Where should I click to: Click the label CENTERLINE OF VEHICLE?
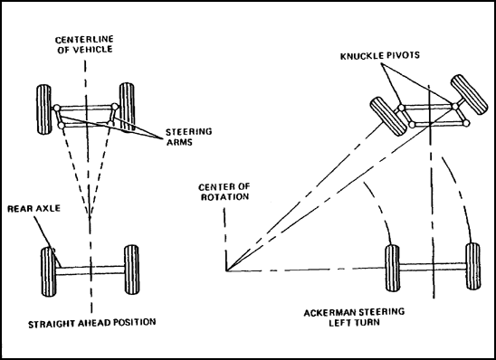coord(84,44)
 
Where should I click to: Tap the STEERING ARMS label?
coord(189,137)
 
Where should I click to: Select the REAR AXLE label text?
coord(33,209)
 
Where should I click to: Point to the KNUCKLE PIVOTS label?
coord(380,56)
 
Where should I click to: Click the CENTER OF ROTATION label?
coord(224,192)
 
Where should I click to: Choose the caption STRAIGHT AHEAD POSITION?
coord(92,323)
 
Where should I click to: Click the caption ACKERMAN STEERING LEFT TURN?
coord(354,317)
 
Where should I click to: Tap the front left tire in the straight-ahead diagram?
coord(44,109)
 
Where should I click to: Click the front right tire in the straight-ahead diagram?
coord(127,108)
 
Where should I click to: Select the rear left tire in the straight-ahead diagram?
coord(48,272)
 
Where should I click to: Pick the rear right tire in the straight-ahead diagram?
coord(131,270)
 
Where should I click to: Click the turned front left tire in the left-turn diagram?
coord(388,117)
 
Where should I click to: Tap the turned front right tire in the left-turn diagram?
coord(469,94)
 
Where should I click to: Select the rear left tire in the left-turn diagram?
coord(392,268)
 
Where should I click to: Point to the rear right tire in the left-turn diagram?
coord(472,266)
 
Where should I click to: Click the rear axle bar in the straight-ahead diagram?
coord(91,270)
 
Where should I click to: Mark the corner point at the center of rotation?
coord(226,270)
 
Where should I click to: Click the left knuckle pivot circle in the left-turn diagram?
coord(401,108)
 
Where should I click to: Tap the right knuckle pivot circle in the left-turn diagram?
coord(455,106)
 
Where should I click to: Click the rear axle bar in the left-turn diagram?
coord(433,267)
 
